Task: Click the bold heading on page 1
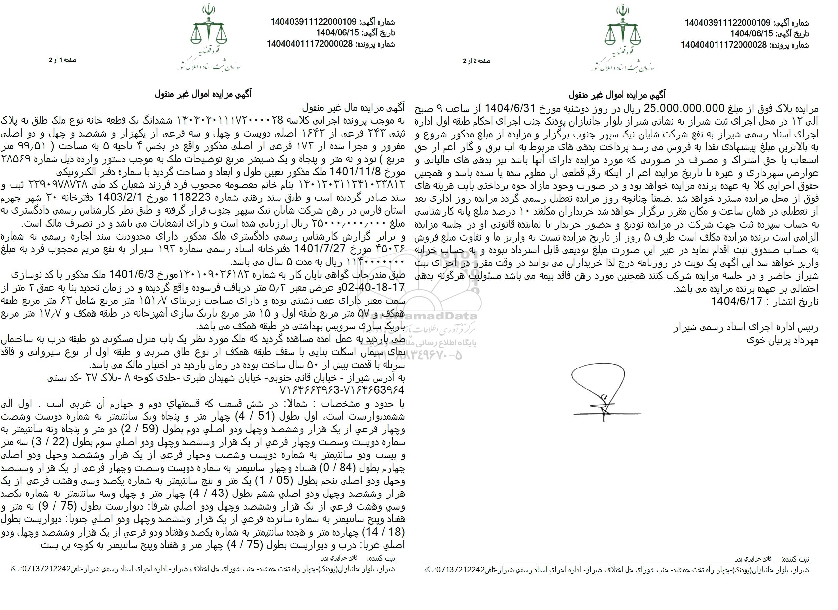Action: [x=203, y=95]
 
